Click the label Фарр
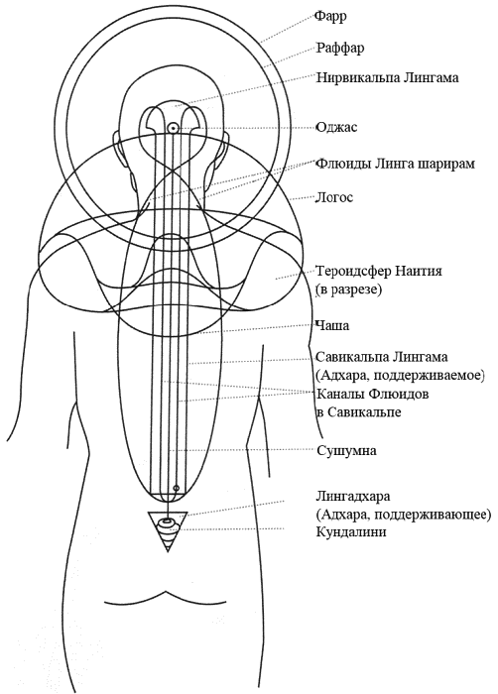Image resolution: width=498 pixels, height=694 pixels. point(330,17)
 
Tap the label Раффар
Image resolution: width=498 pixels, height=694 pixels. point(340,48)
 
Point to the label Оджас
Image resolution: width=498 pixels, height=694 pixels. point(336,128)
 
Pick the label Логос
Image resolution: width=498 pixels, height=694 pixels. point(334,197)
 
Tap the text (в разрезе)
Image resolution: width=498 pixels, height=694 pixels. point(348,289)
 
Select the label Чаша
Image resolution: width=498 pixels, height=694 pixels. point(332,326)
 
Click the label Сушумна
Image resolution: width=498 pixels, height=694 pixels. point(346,451)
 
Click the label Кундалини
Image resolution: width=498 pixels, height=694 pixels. point(351,531)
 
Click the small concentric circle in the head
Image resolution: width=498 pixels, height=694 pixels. point(172,128)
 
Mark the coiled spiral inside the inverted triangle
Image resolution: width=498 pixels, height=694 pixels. point(168,529)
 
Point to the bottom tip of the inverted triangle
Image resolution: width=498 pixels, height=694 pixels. point(168,551)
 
